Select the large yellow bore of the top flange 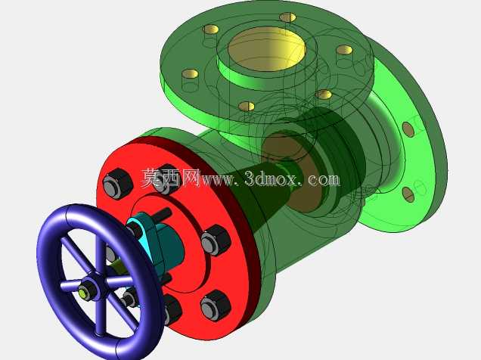[x=267, y=48]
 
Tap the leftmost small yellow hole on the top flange [x=190, y=74]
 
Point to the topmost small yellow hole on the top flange [x=287, y=17]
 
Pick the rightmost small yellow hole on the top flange [x=345, y=50]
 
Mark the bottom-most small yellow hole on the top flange [x=247, y=107]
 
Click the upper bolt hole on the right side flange [x=408, y=129]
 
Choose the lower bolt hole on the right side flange [x=408, y=194]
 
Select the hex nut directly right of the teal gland [x=216, y=240]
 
